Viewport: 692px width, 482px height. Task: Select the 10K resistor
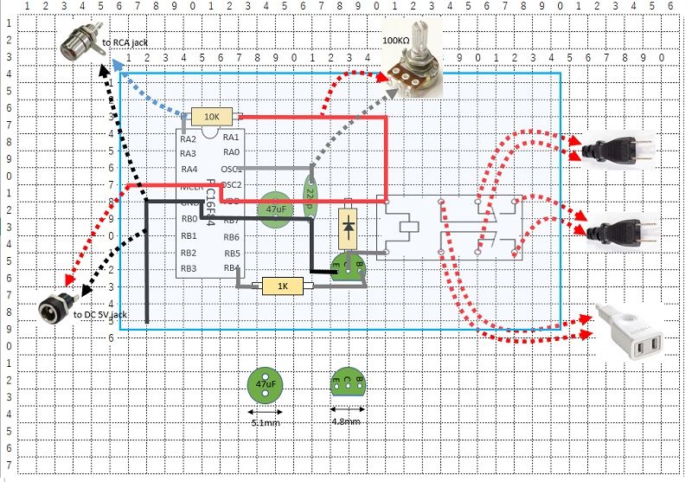pos(212,117)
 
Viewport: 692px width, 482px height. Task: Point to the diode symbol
pos(348,226)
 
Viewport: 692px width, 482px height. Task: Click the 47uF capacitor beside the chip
pos(276,210)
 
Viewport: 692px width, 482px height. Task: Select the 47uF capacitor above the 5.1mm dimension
pos(266,383)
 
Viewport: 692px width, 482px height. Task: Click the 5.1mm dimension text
pos(265,422)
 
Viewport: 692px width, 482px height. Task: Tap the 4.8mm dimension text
pos(346,421)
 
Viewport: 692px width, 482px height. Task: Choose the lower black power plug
pos(616,230)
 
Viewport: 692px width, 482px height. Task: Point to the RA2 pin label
pos(189,138)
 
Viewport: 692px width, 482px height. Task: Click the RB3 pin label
pos(189,268)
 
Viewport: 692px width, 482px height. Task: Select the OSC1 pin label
pos(231,170)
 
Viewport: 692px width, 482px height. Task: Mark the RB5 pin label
pos(231,253)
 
